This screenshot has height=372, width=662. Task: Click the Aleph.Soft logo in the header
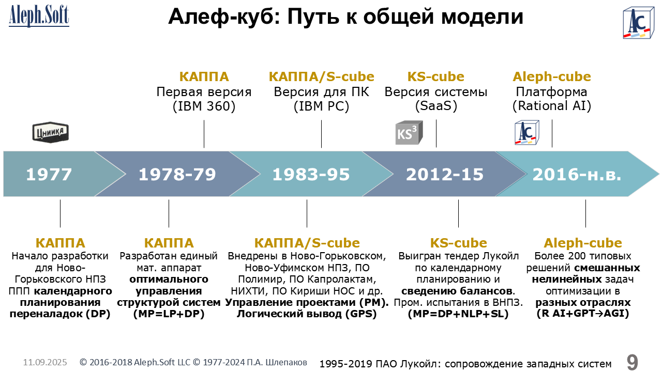tap(39, 16)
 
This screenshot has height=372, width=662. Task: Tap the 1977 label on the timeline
tap(49, 174)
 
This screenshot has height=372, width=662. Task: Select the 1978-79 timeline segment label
tap(177, 174)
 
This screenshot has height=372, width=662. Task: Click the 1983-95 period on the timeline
tap(311, 174)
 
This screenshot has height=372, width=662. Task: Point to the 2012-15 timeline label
tap(445, 174)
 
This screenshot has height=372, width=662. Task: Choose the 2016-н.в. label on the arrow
tap(577, 174)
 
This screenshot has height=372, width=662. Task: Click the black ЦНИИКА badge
tap(51, 132)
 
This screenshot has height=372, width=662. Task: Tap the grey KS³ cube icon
tap(409, 133)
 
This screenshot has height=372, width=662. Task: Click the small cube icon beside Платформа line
tap(527, 133)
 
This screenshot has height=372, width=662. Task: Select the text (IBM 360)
tap(204, 106)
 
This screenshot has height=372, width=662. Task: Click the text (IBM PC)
tap(321, 106)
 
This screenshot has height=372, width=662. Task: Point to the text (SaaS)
tap(436, 106)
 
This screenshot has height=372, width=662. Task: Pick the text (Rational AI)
tap(552, 106)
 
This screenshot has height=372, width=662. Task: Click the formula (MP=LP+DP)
tap(169, 314)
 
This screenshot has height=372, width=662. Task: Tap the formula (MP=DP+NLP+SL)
tap(458, 314)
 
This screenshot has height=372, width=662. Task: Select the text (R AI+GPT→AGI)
tap(583, 314)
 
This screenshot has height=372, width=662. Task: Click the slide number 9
tap(632, 362)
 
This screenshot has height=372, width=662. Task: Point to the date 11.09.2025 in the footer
tap(45, 362)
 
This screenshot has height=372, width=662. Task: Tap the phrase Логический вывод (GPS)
tap(307, 314)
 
